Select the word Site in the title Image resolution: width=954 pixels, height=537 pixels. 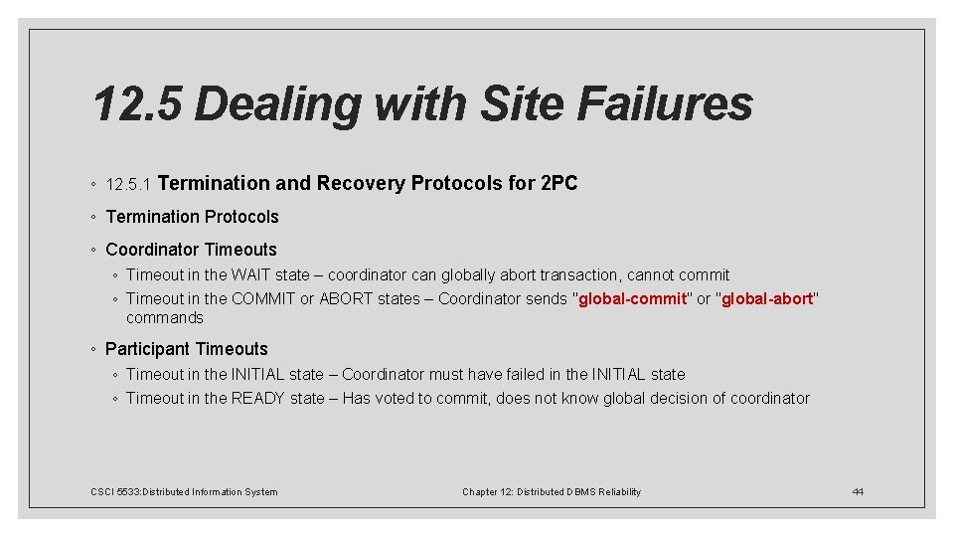[x=514, y=103]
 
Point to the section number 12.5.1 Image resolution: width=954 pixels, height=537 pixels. [x=127, y=185]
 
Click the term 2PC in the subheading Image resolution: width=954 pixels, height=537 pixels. [x=558, y=183]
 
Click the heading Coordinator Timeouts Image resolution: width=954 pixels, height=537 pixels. [x=191, y=250]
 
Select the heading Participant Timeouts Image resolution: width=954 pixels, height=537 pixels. [x=187, y=349]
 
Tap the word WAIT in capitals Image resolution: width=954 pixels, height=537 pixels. [x=251, y=274]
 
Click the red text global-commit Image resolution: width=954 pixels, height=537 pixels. [x=632, y=298]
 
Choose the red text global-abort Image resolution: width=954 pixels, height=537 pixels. [x=767, y=298]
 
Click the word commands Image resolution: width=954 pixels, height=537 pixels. [x=164, y=318]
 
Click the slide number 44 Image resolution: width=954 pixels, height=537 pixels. [x=858, y=491]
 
